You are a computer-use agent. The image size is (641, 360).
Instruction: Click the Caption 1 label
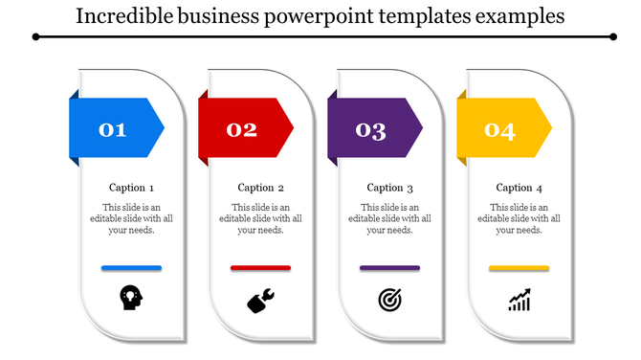[x=131, y=188]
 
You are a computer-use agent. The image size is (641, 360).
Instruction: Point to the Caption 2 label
[x=260, y=188]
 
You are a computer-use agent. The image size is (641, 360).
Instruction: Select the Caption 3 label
[x=389, y=188]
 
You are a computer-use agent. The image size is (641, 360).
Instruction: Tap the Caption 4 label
[x=519, y=188]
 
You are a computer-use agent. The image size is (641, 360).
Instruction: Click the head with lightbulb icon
[x=131, y=299]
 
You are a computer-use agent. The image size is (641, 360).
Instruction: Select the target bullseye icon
[x=389, y=301]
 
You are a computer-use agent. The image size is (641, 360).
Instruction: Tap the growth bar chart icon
[x=519, y=301]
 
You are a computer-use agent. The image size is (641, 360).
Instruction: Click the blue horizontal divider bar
[x=131, y=268]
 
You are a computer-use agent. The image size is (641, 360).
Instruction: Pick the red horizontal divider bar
[x=260, y=268]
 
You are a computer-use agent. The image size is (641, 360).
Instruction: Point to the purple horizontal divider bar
[x=389, y=268]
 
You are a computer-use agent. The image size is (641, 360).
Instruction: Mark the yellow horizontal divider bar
[x=519, y=268]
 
